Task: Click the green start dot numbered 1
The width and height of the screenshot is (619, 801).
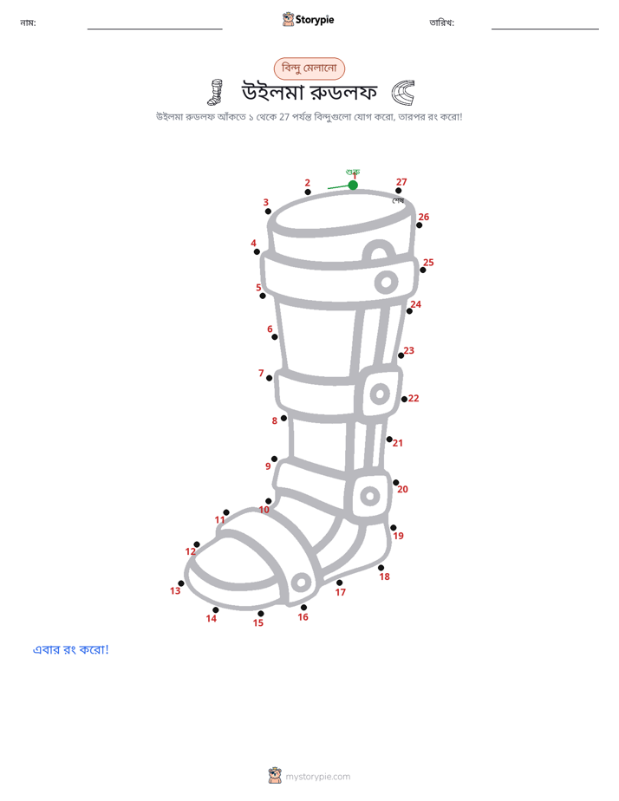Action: tap(353, 185)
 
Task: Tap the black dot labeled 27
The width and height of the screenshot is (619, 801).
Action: tap(399, 191)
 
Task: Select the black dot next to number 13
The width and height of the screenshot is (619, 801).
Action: tap(181, 583)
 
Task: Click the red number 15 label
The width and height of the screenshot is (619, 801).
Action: tap(258, 622)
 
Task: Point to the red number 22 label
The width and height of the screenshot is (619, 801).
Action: tap(414, 398)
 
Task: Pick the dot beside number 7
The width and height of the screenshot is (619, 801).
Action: tap(269, 378)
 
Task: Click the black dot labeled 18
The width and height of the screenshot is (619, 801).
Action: tap(381, 568)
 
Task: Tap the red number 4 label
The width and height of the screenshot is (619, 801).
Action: tap(253, 243)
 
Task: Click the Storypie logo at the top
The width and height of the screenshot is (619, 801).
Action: tap(308, 19)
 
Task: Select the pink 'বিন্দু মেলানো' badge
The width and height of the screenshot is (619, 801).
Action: tap(309, 68)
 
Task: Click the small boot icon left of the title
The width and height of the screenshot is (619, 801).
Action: tap(216, 92)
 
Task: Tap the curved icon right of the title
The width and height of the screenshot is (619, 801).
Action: tap(403, 93)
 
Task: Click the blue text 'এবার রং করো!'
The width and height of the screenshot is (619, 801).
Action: tap(70, 649)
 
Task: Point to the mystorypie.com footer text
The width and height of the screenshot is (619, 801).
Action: tap(317, 777)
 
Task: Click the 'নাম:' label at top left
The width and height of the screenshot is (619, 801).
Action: tap(28, 23)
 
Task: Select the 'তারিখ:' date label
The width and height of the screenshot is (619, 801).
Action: tap(442, 23)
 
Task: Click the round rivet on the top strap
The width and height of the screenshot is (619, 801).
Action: tap(386, 282)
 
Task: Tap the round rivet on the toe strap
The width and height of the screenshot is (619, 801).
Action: tap(301, 582)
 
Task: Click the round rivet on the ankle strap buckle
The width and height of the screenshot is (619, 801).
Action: tap(370, 496)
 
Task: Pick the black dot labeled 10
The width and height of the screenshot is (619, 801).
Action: tap(269, 501)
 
